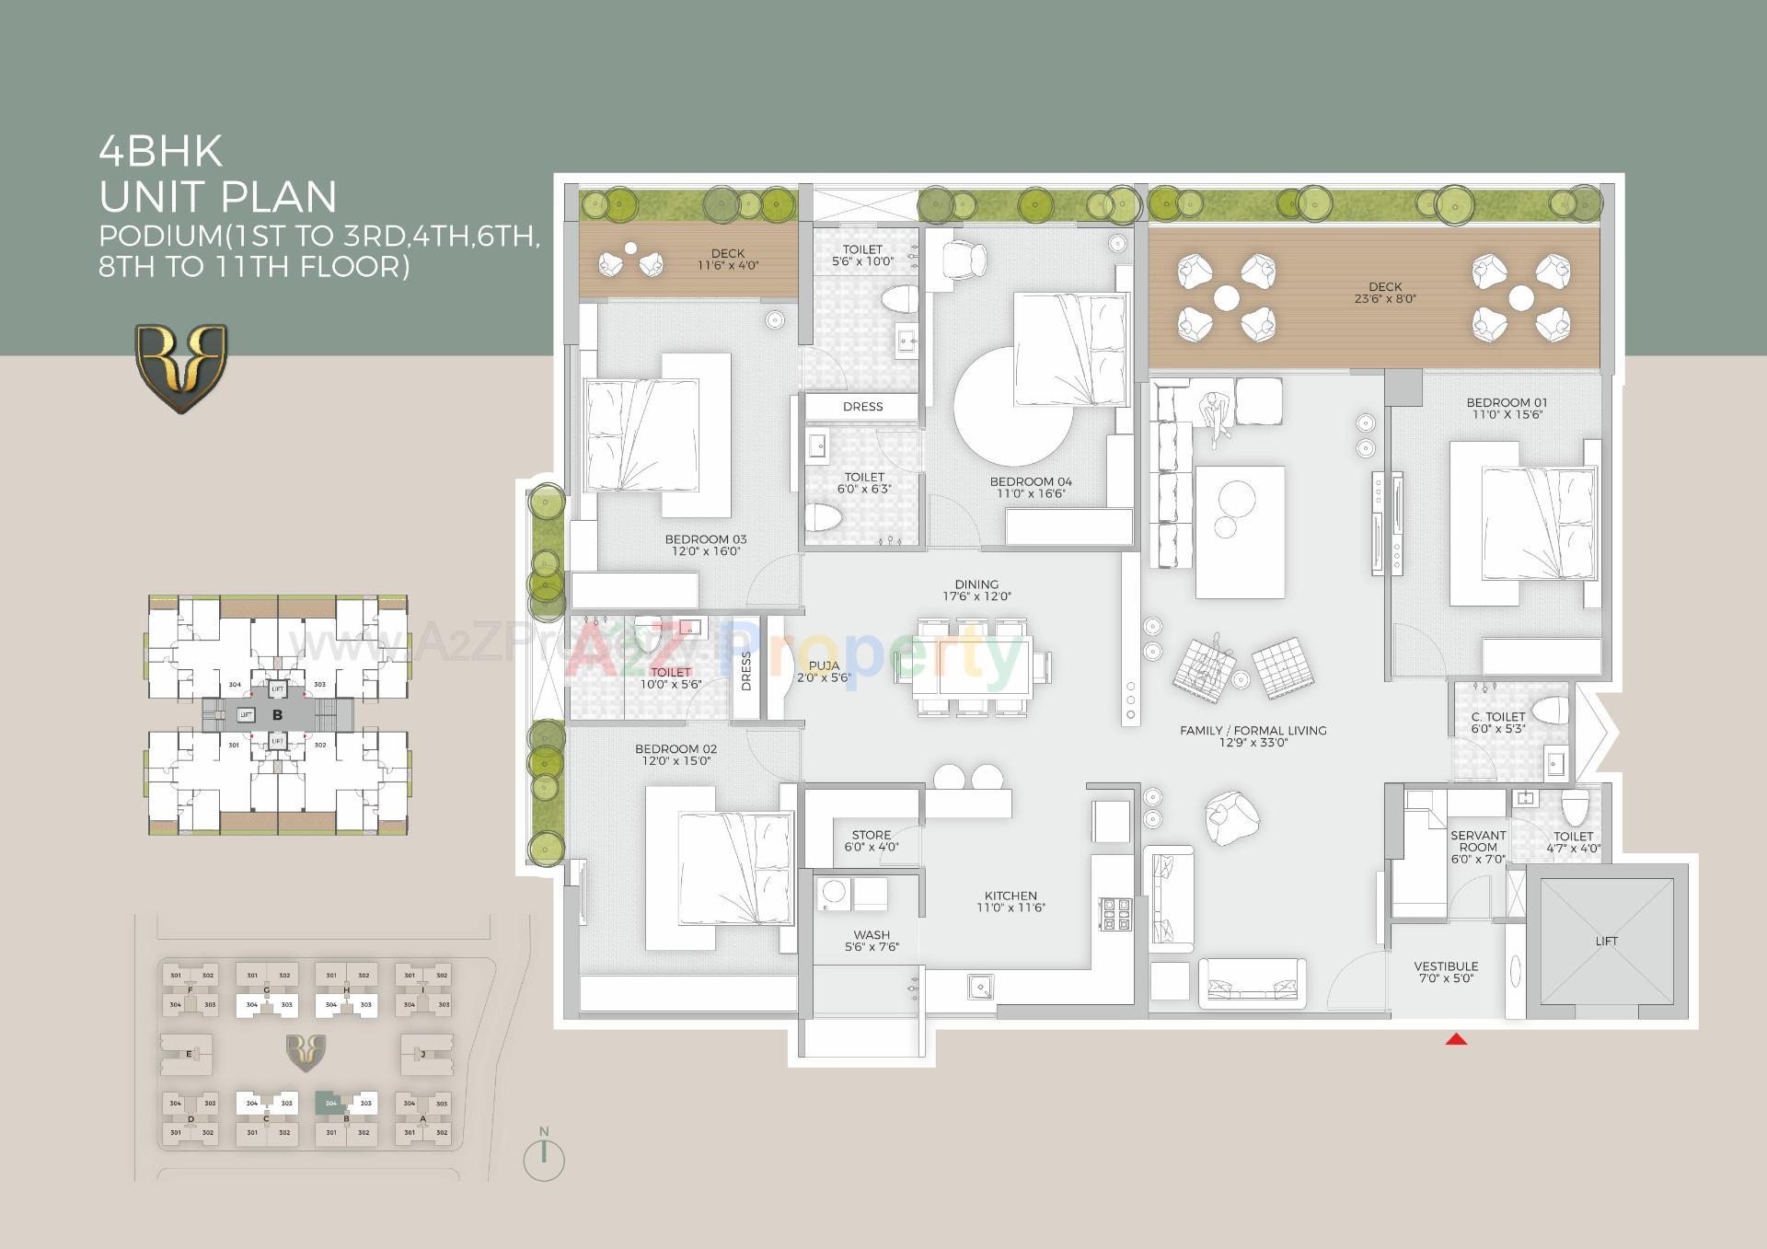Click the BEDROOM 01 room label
(1507, 402)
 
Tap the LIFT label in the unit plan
(1606, 941)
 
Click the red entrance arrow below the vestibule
(1456, 1039)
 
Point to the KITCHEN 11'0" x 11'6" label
(1011, 901)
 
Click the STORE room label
(871, 835)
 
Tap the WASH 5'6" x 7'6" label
(871, 940)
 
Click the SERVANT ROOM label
(1478, 840)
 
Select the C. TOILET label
(1498, 716)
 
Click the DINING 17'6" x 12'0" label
(976, 590)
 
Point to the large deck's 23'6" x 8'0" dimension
(1385, 298)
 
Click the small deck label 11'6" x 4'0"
(727, 265)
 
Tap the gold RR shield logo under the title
(181, 367)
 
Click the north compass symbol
(544, 1159)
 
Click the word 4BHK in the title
(161, 152)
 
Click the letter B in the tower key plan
(277, 714)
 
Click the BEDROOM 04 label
(1030, 481)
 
